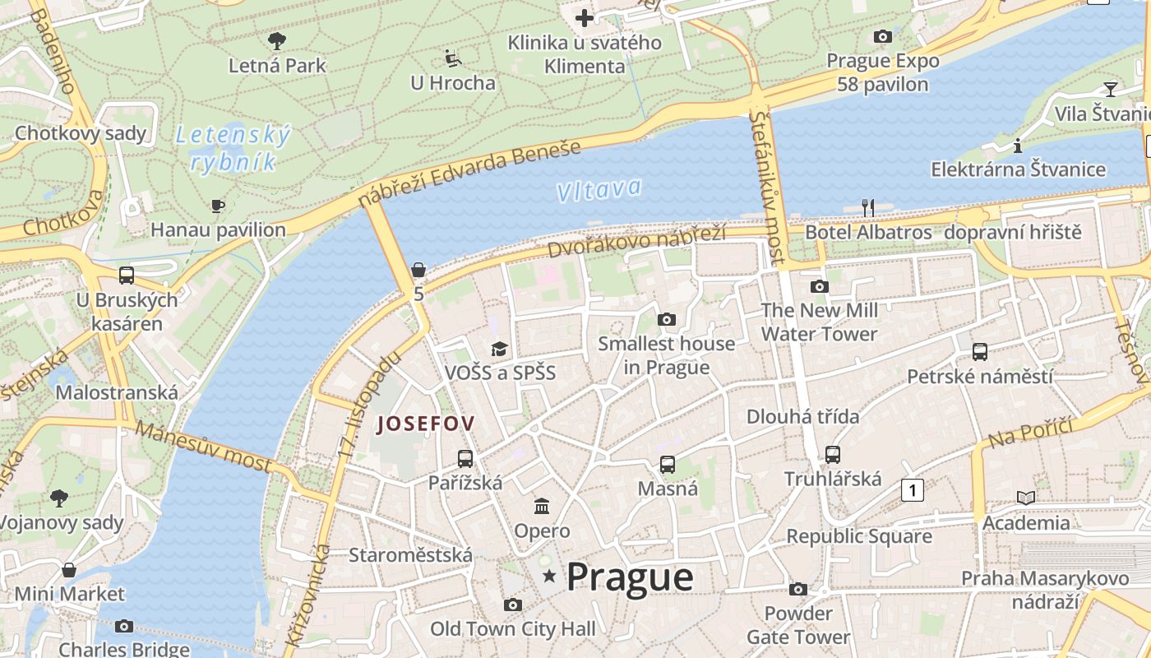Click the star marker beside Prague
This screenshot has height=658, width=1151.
tap(549, 577)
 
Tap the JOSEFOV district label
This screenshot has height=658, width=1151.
tap(425, 424)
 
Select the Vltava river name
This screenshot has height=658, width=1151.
tap(599, 190)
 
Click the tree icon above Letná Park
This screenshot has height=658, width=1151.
tap(277, 40)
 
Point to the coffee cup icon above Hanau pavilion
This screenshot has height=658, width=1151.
tap(218, 206)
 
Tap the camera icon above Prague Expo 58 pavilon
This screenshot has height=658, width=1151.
tap(882, 36)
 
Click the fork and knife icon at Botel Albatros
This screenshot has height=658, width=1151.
tap(868, 207)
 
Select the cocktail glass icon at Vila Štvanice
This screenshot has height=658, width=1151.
tap(1111, 89)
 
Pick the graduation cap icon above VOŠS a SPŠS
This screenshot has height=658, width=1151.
tap(499, 349)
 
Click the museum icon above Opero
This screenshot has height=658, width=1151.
tap(542, 506)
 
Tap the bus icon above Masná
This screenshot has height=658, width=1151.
tap(668, 465)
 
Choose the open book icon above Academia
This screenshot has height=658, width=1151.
tap(1026, 498)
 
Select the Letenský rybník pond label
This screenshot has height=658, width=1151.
tap(233, 148)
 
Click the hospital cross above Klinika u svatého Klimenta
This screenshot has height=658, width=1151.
tap(584, 17)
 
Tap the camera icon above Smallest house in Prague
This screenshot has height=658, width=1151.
tap(666, 319)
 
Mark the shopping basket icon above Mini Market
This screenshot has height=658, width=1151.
tap(69, 569)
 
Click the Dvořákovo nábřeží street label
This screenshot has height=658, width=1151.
tap(637, 240)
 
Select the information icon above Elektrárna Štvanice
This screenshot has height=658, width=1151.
tap(1018, 146)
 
